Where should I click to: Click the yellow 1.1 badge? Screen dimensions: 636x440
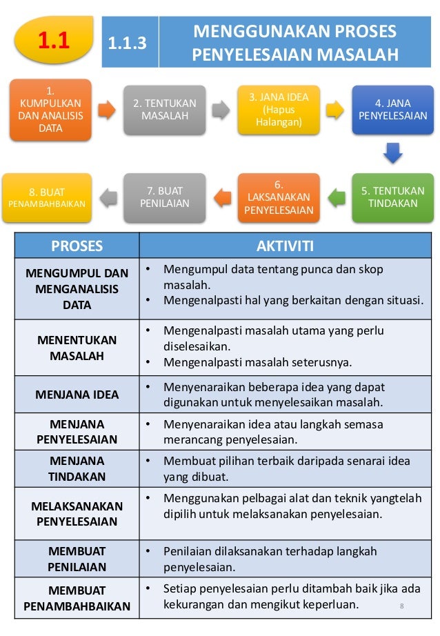click(54, 42)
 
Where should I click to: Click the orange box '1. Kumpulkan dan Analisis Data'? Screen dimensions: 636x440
click(50, 110)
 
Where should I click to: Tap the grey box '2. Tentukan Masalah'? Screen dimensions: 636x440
click(164, 110)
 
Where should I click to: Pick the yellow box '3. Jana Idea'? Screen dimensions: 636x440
click(279, 110)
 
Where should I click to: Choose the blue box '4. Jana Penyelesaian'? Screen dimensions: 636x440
click(392, 110)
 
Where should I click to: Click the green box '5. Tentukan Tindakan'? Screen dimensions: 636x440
click(392, 197)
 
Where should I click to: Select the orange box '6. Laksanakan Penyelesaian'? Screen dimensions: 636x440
click(279, 197)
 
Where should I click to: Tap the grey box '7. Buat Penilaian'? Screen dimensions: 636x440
click(164, 197)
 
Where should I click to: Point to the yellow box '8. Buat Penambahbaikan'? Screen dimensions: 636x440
click(47, 197)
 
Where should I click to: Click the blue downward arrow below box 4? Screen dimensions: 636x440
click(392, 152)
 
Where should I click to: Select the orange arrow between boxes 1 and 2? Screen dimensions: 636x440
click(107, 110)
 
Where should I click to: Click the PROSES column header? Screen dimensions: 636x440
click(77, 246)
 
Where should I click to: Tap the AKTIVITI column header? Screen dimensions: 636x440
click(285, 246)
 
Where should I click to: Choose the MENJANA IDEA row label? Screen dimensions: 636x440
click(77, 395)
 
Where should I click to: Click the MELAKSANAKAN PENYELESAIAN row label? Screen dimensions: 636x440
click(77, 514)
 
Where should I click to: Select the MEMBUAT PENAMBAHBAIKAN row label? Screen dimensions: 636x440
click(77, 598)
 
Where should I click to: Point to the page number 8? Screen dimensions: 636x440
click(401, 606)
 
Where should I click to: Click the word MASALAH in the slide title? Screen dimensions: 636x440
click(360, 54)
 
